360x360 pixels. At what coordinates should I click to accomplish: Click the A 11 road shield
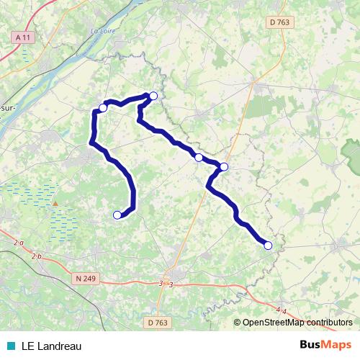(x=22, y=36)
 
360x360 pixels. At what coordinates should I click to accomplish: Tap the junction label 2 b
(x=37, y=256)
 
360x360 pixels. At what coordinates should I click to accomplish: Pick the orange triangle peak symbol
(x=54, y=204)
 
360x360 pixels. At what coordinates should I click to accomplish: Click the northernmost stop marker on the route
(x=153, y=95)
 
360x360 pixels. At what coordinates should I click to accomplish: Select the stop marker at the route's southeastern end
(x=268, y=246)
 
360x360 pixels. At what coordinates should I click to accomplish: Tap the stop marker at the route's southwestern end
(x=117, y=214)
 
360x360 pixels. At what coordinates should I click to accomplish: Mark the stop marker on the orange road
(x=223, y=167)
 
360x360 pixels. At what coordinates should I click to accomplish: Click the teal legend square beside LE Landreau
(x=11, y=346)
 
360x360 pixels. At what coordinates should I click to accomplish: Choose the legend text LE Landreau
(x=51, y=346)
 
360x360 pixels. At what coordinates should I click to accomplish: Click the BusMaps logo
(x=325, y=346)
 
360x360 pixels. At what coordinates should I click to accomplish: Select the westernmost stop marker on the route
(x=103, y=108)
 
